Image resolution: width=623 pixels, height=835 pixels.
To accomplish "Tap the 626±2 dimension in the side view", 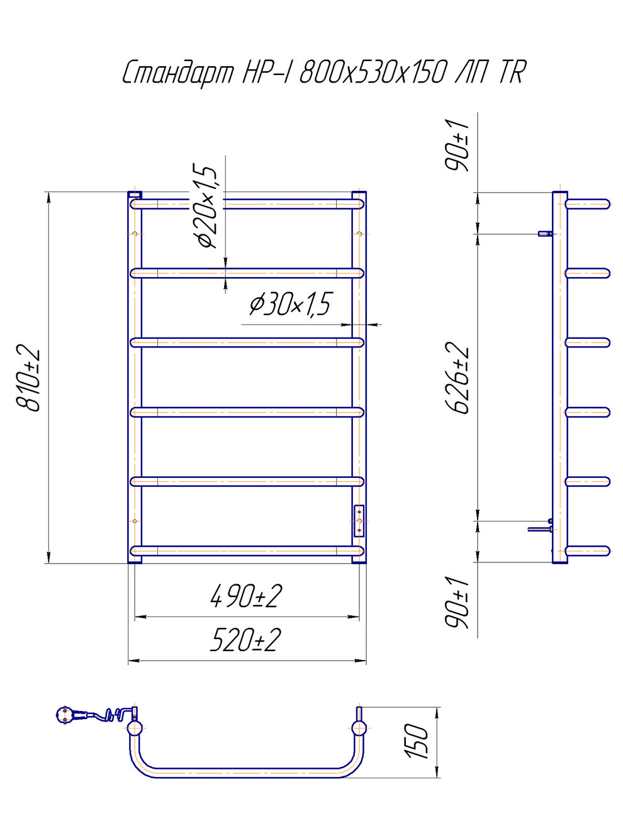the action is [x=459, y=378].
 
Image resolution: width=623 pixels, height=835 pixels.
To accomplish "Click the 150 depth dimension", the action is [x=417, y=742].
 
